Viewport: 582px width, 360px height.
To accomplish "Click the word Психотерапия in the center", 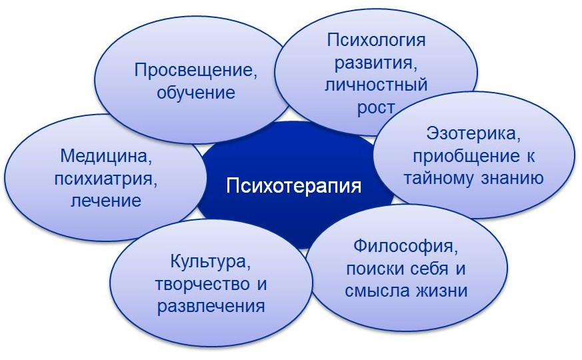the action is (293, 185).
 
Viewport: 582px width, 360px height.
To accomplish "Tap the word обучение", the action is (195, 93).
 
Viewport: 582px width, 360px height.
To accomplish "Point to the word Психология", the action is (376, 41).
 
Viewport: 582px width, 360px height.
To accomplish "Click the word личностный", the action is (376, 85).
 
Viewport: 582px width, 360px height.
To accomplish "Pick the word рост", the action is (376, 107).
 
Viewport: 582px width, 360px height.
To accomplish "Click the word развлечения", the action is (211, 307).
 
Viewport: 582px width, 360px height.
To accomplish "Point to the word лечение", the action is (106, 201).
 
